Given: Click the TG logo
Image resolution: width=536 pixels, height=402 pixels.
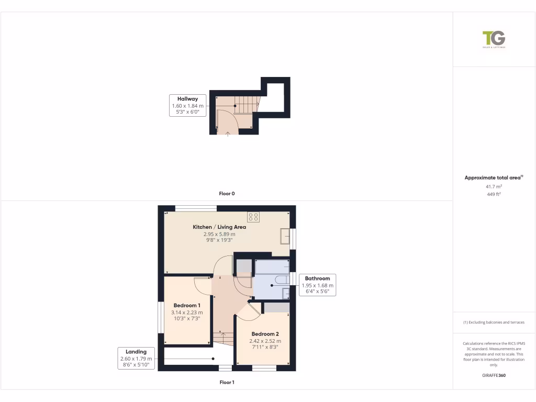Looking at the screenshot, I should click(x=494, y=39).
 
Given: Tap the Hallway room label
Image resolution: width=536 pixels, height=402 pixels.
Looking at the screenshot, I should click(x=187, y=98).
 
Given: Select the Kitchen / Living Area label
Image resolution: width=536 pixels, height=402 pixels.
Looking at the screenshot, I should click(x=219, y=227).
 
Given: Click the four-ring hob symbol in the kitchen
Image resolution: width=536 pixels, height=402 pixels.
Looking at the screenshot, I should click(x=253, y=217).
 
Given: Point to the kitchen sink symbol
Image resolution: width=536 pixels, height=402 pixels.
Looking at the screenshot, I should click(x=285, y=236).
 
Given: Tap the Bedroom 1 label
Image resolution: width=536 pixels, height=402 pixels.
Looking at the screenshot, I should click(x=187, y=305).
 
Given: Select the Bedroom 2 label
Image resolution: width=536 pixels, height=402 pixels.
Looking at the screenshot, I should click(x=265, y=334).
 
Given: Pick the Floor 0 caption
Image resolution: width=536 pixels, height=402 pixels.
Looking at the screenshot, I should click(x=227, y=194).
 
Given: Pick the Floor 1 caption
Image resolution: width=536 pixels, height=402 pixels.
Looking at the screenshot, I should click(x=227, y=383).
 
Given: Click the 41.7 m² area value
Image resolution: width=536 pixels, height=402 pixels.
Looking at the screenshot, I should click(x=494, y=186).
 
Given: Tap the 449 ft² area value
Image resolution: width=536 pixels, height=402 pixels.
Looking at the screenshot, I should click(x=494, y=194).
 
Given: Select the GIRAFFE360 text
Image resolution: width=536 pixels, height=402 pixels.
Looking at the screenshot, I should click(x=494, y=375).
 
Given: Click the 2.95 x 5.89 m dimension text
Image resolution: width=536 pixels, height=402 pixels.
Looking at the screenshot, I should click(x=219, y=234).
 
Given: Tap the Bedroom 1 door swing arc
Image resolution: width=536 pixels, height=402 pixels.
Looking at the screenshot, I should click(x=202, y=286).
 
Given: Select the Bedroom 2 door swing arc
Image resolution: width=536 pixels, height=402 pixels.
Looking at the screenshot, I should click(x=250, y=312).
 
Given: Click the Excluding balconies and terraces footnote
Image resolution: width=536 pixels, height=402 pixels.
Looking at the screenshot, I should click(x=494, y=322).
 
